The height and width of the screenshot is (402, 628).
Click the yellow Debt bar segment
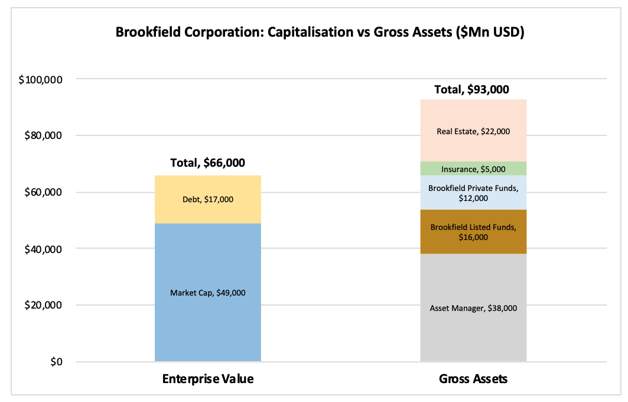(x=207, y=199)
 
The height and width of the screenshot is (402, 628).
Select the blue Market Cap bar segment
(x=207, y=292)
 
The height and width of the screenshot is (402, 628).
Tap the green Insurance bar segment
(x=473, y=168)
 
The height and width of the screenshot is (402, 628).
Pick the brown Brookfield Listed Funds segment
(x=473, y=232)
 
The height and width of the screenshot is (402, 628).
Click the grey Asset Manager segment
(x=473, y=307)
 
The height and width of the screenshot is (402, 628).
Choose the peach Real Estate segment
(x=473, y=130)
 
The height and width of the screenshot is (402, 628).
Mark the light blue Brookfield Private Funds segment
(x=473, y=192)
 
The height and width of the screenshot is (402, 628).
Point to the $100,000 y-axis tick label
(x=40, y=80)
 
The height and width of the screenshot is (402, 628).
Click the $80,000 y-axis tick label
(x=43, y=135)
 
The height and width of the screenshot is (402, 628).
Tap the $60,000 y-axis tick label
(x=43, y=192)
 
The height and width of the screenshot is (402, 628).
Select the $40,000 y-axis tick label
(x=43, y=249)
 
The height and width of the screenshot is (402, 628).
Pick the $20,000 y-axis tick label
(x=43, y=305)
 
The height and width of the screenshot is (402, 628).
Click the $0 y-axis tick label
(x=57, y=362)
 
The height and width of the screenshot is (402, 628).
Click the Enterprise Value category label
(x=208, y=379)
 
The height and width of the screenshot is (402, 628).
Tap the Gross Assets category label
(x=473, y=379)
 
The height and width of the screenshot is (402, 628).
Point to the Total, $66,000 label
(x=207, y=163)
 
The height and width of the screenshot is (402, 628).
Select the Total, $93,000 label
(x=472, y=89)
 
